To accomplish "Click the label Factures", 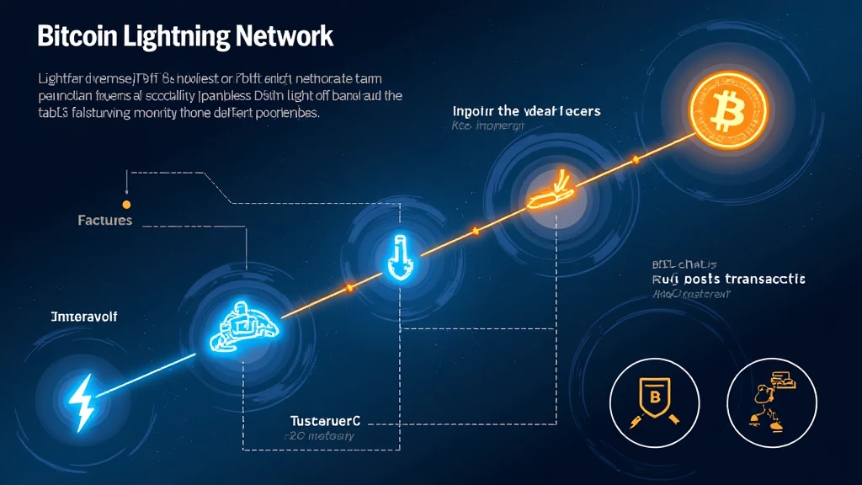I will pyautogui.click(x=104, y=221).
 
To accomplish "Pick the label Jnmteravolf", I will pyautogui.click(x=83, y=317).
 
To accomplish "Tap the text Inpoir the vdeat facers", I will pyautogui.click(x=526, y=111).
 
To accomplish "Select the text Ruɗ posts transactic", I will pyautogui.click(x=728, y=278).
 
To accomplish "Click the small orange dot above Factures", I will pyautogui.click(x=126, y=204).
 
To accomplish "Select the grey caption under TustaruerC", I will pyautogui.click(x=319, y=436).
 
